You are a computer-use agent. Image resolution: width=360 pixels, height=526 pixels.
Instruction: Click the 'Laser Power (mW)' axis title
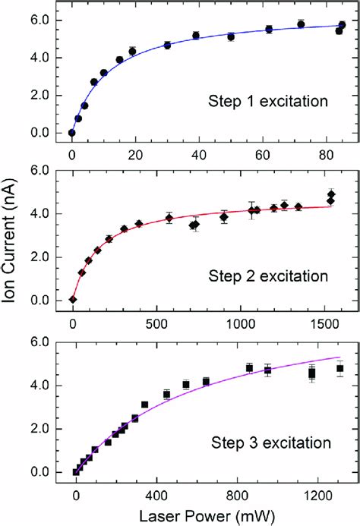coord(206,516)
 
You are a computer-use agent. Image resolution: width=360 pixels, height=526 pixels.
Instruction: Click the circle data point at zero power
coord(72,133)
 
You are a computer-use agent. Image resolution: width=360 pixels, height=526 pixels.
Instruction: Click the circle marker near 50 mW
coord(231,36)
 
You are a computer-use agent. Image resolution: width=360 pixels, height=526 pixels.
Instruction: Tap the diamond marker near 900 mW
coord(224,217)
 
